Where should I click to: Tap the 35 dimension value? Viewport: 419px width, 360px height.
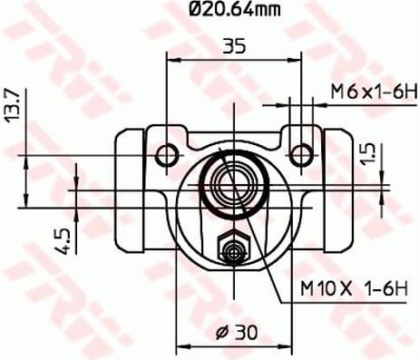pyautogui.click(x=234, y=45)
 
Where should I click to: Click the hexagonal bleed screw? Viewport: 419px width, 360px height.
pyautogui.click(x=234, y=246)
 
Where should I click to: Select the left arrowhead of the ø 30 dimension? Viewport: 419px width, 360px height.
pyautogui.click(x=180, y=345)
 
